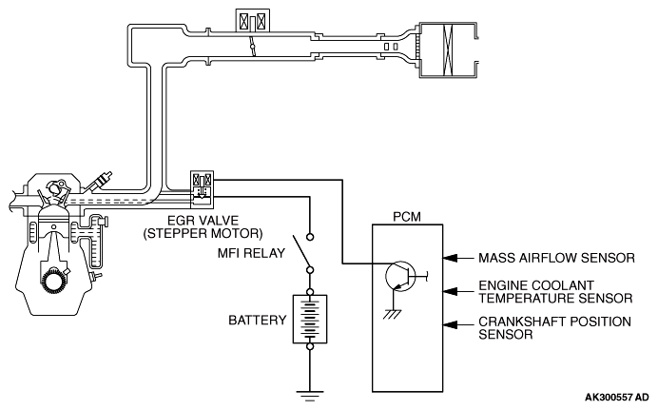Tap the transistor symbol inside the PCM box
[400, 277]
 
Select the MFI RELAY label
[253, 252]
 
